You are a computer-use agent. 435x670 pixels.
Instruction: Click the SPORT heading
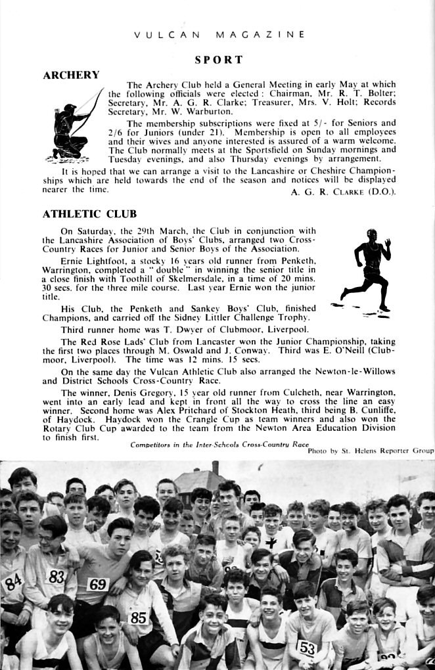219,60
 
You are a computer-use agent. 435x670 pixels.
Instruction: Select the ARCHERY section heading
71,75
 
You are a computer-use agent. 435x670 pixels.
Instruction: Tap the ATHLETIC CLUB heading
89,213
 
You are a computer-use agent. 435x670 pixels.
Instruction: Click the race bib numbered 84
12,580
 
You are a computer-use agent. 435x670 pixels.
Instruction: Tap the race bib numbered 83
57,576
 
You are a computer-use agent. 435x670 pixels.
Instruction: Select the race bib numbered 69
98,584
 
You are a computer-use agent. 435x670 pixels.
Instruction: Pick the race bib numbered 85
138,617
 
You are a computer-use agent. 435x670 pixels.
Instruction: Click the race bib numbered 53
307,648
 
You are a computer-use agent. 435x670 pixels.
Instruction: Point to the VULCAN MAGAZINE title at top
219,34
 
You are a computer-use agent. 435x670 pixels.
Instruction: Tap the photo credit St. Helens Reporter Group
370,451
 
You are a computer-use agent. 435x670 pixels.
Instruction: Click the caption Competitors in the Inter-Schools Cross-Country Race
219,445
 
